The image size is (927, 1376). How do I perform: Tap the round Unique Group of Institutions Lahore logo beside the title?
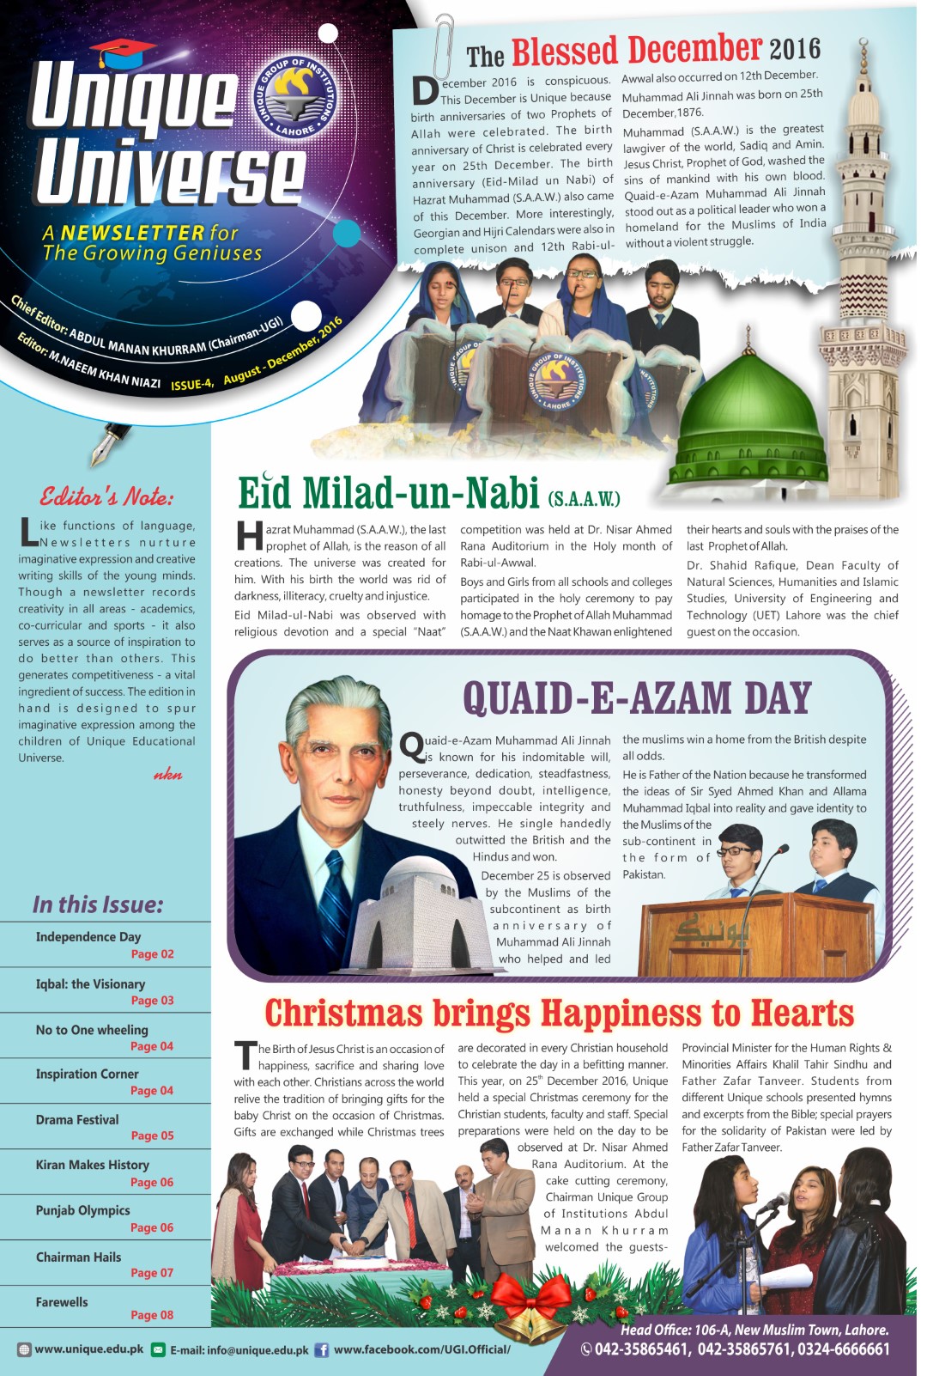point(294,97)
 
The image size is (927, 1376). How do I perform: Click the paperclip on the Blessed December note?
point(444,46)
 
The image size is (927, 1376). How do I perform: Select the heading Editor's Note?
point(106,496)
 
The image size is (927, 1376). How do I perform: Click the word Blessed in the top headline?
point(564,51)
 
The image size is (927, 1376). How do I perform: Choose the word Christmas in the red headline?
point(342,1014)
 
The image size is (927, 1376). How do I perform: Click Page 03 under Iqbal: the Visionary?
point(152,1001)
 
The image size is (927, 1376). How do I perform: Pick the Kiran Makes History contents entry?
point(93,1165)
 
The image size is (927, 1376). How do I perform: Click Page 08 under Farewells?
point(152,1315)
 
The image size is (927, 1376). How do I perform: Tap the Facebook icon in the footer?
point(322,1349)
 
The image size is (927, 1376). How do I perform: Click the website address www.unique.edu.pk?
point(89,1349)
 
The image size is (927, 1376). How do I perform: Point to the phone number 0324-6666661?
point(842,1349)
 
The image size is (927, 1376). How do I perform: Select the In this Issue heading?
point(98,904)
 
